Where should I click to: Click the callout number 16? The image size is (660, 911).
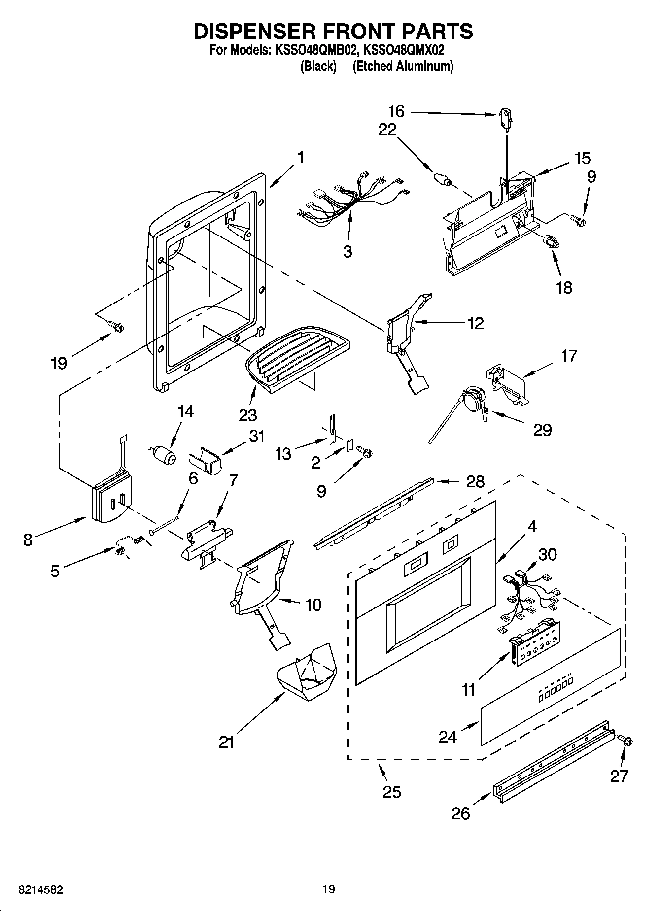coord(396,112)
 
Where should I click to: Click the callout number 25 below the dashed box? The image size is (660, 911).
coord(392,792)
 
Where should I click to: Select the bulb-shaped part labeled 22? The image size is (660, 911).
coord(442,178)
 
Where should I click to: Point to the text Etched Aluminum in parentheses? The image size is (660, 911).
coord(403,66)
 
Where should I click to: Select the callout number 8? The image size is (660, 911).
coord(28,540)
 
